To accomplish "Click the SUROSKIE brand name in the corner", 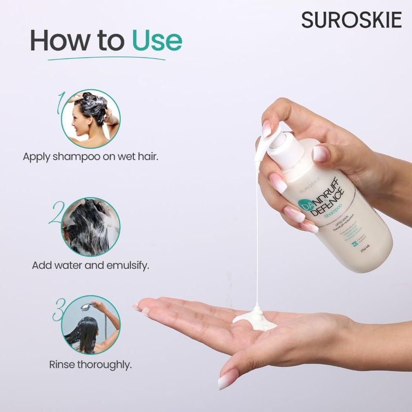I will (351, 20).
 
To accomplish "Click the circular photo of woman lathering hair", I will (91, 119).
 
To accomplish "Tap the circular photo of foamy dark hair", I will (91, 227).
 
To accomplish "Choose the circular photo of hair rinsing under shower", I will (91, 324).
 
